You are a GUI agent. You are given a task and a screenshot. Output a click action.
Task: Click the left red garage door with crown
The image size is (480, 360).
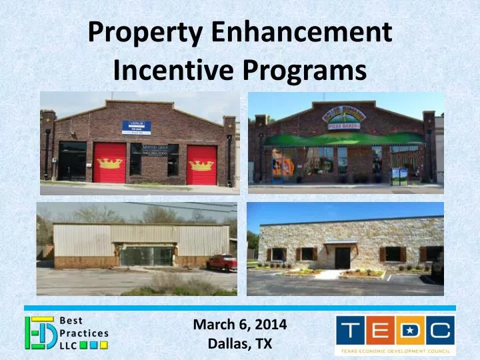pyautogui.click(x=109, y=163)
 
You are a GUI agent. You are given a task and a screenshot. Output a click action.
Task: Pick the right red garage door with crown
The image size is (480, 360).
pyautogui.click(x=201, y=163)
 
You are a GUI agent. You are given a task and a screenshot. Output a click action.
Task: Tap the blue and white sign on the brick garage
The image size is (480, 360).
pyautogui.click(x=136, y=127)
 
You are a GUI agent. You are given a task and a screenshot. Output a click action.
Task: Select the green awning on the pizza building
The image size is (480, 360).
pyautogui.click(x=344, y=139)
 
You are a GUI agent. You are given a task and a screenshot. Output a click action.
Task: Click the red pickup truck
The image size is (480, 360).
pyautogui.click(x=221, y=263)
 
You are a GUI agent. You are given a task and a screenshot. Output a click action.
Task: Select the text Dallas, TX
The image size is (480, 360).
pyautogui.click(x=240, y=344)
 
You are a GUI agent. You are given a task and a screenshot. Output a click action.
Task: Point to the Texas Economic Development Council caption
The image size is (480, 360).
pyautogui.click(x=396, y=351)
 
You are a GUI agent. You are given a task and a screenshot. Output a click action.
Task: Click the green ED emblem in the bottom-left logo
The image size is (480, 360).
pyautogui.click(x=37, y=333)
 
